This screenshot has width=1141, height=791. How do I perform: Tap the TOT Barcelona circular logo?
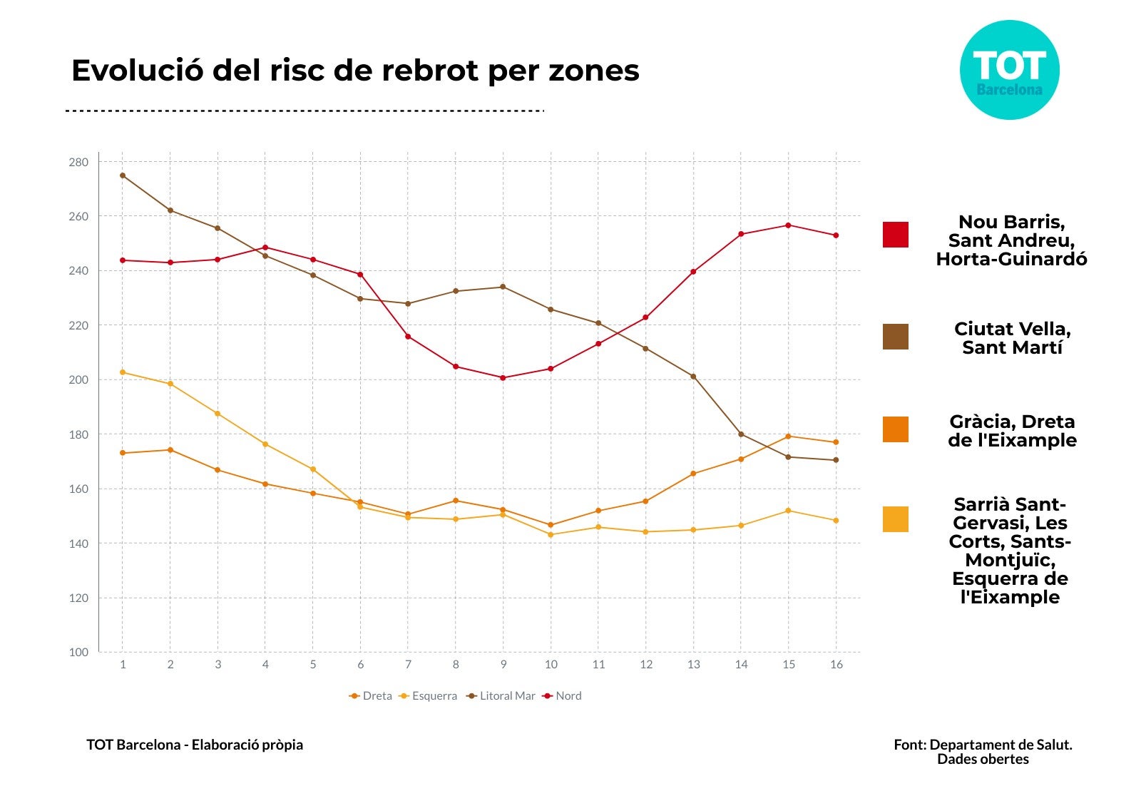pyautogui.click(x=1009, y=70)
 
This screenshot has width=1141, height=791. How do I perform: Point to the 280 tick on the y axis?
pyautogui.click(x=79, y=162)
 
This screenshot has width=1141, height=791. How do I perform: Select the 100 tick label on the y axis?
pyautogui.click(x=79, y=652)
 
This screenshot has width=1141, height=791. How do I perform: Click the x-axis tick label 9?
pyautogui.click(x=503, y=665)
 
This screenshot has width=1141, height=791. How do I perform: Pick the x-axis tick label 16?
pyautogui.click(x=836, y=665)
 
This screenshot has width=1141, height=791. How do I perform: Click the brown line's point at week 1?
pyautogui.click(x=123, y=175)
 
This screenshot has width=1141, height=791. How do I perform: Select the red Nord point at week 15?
pyautogui.click(x=788, y=225)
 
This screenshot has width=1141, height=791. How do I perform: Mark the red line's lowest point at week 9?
pyautogui.click(x=503, y=378)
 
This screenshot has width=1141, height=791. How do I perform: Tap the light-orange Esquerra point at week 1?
pyautogui.click(x=123, y=372)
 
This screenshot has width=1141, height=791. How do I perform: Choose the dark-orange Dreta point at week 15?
pyautogui.click(x=788, y=437)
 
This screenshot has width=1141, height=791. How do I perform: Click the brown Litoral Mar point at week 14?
pyautogui.click(x=741, y=434)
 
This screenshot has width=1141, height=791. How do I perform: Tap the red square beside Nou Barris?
pyautogui.click(x=896, y=235)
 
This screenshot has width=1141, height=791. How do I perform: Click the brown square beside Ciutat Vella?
pyautogui.click(x=896, y=337)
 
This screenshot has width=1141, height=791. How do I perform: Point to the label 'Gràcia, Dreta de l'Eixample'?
pyautogui.click(x=1012, y=431)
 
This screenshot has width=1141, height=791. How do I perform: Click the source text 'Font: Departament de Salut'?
pyautogui.click(x=983, y=745)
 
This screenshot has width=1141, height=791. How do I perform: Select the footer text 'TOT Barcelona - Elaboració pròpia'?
pyautogui.click(x=195, y=745)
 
